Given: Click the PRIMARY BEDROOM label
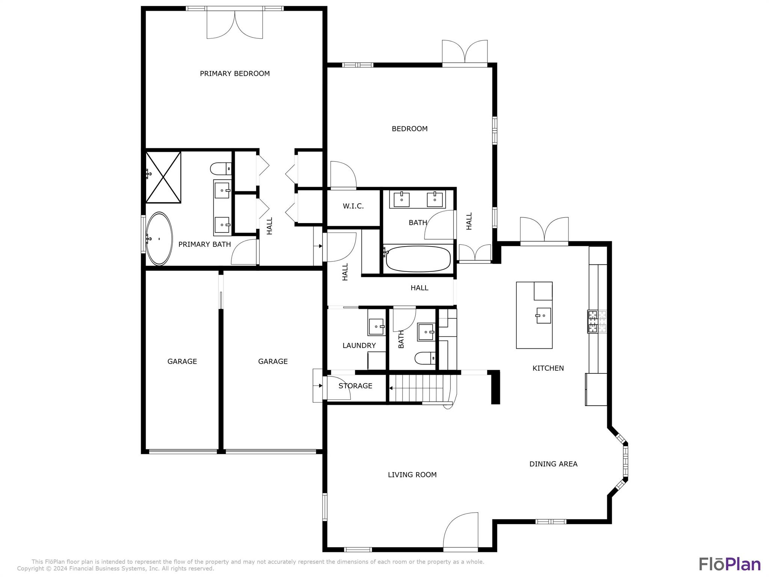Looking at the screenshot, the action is click(235, 74).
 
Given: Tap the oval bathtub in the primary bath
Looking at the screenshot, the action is click(159, 239).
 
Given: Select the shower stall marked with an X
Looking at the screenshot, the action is click(163, 177).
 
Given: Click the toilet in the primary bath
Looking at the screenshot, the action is click(221, 169).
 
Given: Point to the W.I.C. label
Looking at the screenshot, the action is click(353, 206).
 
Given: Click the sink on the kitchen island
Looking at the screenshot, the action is click(543, 316).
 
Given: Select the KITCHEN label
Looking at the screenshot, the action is click(548, 368).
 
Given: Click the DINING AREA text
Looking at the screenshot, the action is click(553, 464).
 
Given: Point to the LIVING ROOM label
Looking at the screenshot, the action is click(412, 475).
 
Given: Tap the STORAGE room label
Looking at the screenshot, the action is click(355, 386).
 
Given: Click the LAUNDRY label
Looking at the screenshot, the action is click(359, 346).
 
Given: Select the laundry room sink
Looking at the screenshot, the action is click(377, 327).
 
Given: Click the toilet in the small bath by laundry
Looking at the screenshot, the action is click(425, 358).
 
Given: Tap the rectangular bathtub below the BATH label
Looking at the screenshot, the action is click(418, 258).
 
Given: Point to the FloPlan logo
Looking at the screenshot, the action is click(730, 564).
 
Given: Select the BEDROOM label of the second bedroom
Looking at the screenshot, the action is click(410, 129).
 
